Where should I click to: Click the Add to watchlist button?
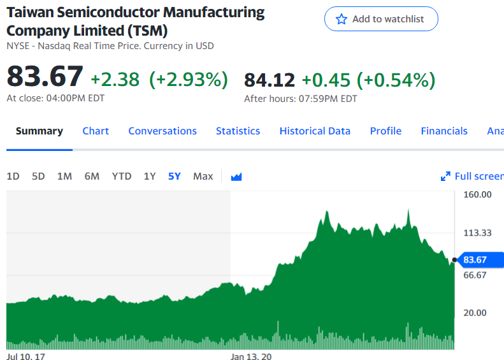point(381,19)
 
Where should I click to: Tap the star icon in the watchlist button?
point(342,19)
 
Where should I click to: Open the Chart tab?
point(96,131)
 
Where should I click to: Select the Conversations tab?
point(162,131)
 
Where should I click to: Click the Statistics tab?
point(238,131)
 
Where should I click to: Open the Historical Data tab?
point(315,131)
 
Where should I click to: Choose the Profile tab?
point(385,131)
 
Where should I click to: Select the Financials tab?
point(444,131)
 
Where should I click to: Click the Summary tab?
point(40,131)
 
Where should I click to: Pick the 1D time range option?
point(13,176)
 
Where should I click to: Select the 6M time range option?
point(92,176)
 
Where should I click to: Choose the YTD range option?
point(122,176)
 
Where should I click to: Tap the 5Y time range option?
point(174,176)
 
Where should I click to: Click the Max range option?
point(203,176)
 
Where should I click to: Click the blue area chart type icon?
point(236,176)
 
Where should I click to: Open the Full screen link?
point(472,176)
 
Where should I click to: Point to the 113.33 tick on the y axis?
point(477,233)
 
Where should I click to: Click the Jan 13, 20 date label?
point(251,356)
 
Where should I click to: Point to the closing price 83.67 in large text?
point(45,76)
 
